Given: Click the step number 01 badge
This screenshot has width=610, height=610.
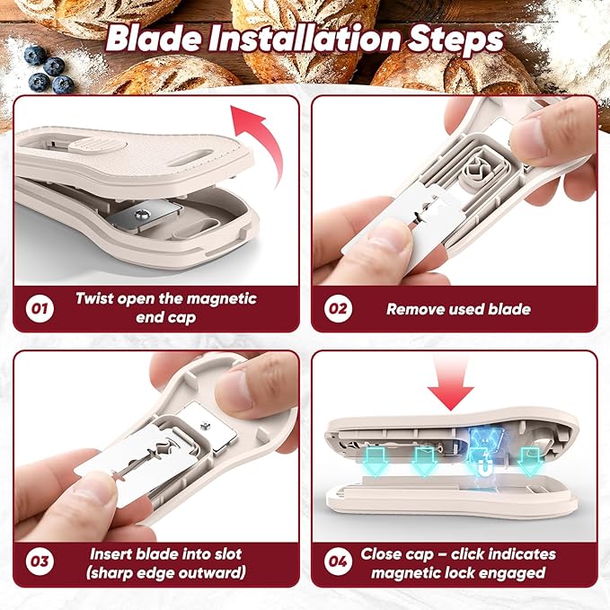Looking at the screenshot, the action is coord(40,308).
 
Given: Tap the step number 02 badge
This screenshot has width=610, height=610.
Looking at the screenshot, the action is coord(338,308).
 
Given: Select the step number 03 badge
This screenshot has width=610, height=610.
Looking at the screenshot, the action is coord(40,561).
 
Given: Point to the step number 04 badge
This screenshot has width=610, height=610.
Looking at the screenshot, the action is coord(338,561).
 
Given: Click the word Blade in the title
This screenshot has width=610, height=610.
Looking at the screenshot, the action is coord(154,39).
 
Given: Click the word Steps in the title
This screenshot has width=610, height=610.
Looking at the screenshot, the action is coord(455,40).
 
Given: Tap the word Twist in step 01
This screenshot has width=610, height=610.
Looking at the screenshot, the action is coord(94,298).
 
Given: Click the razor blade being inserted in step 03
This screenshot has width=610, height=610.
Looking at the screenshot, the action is coord(137,464).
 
